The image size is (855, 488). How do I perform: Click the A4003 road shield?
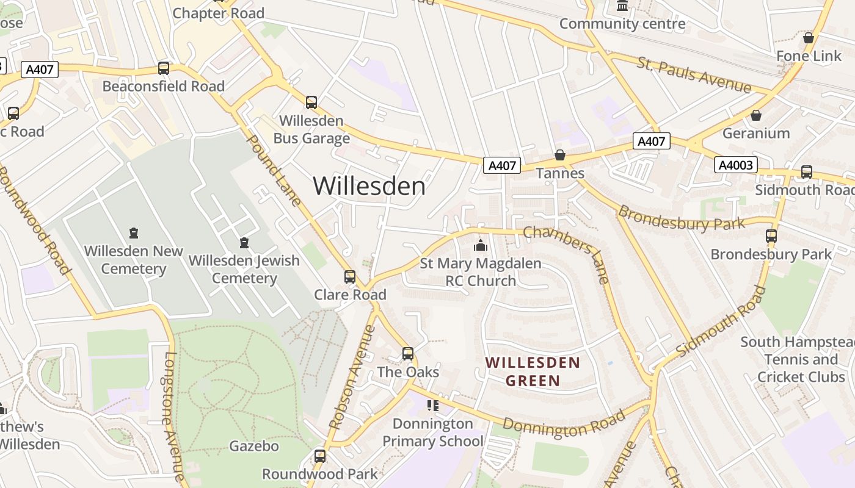[x=736, y=165]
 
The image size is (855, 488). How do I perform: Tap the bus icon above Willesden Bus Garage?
[x=311, y=102]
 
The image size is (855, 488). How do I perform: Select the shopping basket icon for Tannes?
[x=560, y=155]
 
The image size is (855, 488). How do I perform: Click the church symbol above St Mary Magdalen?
[x=481, y=246]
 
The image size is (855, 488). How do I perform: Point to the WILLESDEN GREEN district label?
[x=533, y=372]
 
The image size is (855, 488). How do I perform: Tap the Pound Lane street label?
[x=273, y=171]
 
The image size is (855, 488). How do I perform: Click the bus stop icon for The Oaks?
[x=408, y=353]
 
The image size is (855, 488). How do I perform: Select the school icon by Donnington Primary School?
[x=433, y=405]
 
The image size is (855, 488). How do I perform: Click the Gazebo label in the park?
[x=254, y=446]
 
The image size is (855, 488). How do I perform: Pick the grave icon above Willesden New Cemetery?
[x=133, y=232]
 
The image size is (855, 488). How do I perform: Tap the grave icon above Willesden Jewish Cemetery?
[x=244, y=243]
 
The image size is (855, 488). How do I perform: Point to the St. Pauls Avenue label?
[x=694, y=75]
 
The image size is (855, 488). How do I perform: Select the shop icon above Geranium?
[x=756, y=115]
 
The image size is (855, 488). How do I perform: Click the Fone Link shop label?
[x=809, y=56]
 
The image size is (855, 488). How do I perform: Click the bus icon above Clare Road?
[x=350, y=277]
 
